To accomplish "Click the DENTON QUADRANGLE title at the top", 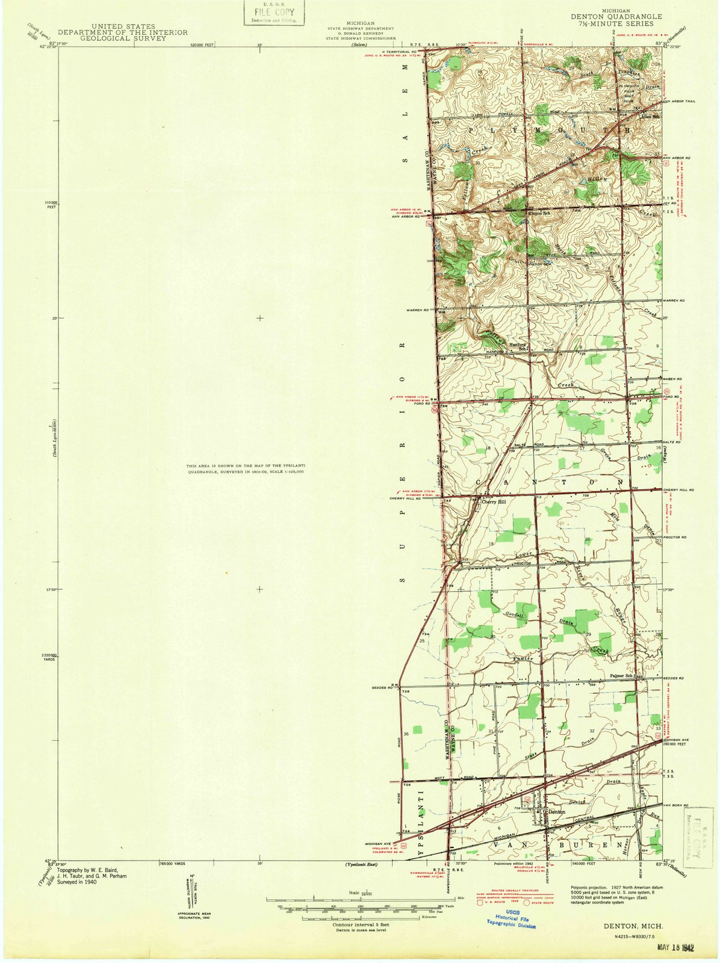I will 616,17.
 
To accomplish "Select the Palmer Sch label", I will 623,675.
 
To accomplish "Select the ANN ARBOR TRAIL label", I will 678,101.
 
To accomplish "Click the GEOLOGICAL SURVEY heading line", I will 122,38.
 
